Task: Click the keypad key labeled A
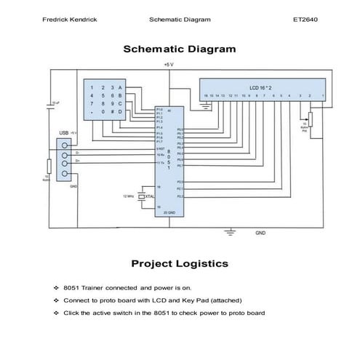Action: pyautogui.click(x=120, y=87)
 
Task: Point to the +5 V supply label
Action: pyautogui.click(x=169, y=65)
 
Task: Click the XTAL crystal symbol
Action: pyautogui.click(x=142, y=196)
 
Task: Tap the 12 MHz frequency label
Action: pyautogui.click(x=129, y=196)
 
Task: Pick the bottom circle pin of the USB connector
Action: pyautogui.click(x=66, y=172)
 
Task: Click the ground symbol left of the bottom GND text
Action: pyautogui.click(x=231, y=232)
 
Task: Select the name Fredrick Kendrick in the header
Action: pyautogui.click(x=71, y=20)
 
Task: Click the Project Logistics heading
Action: pyautogui.click(x=179, y=263)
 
